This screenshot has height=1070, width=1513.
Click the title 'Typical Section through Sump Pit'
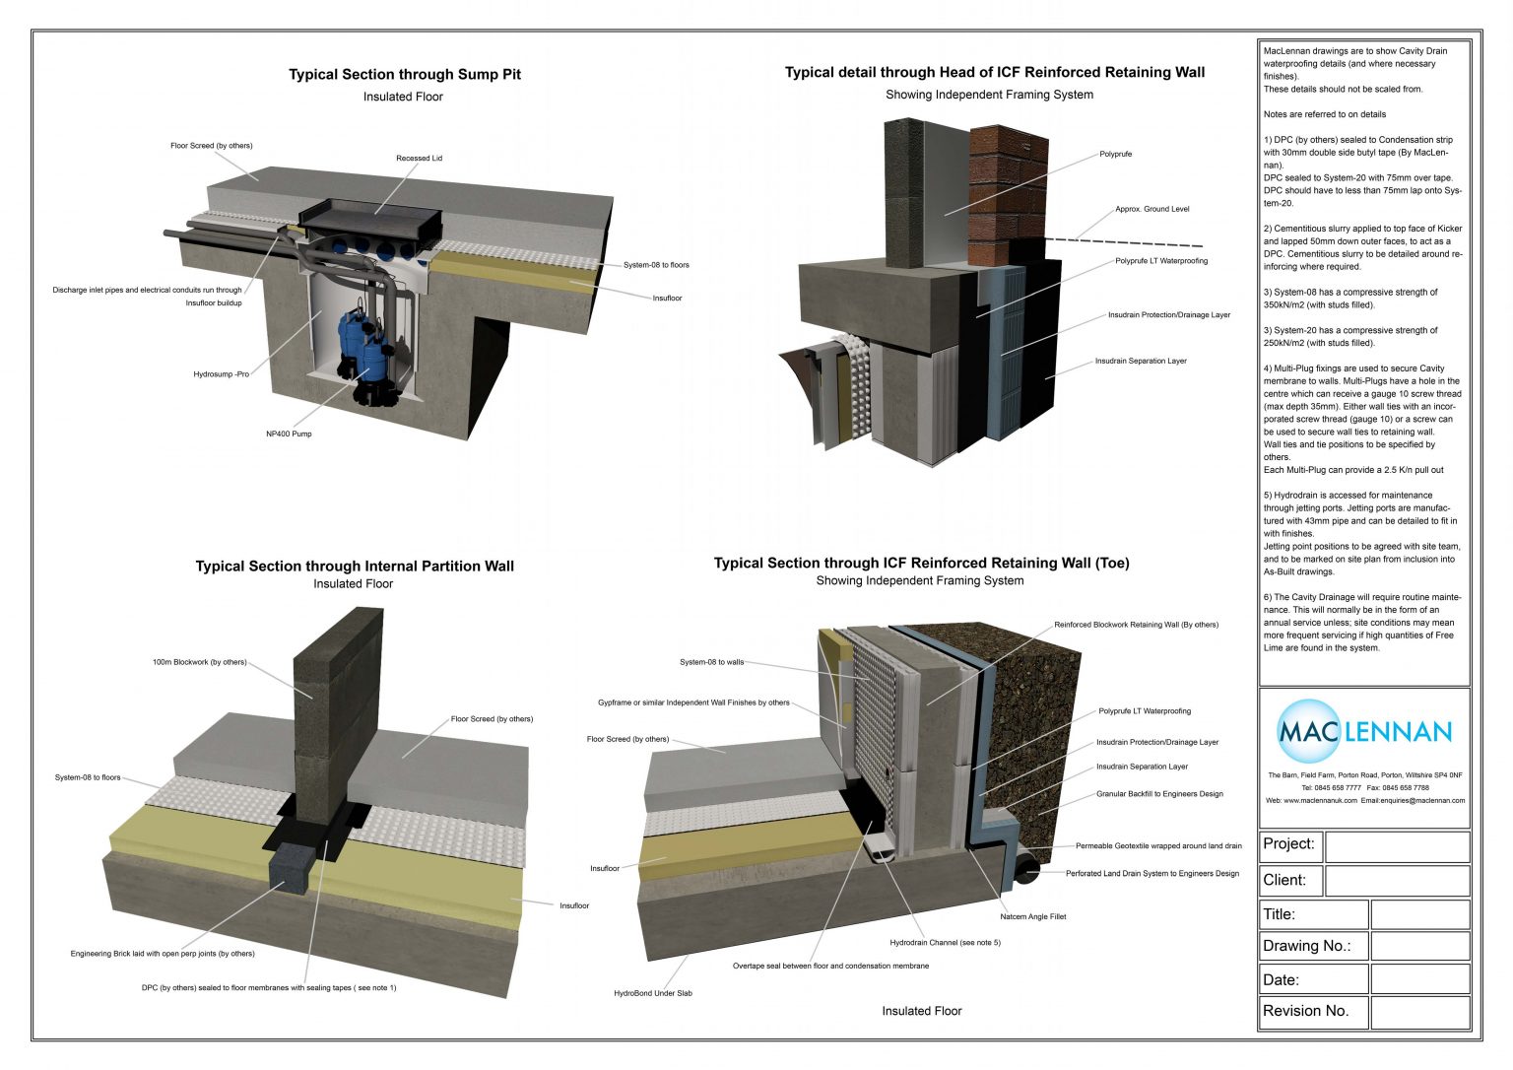coord(404,74)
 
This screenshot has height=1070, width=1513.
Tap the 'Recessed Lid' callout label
coord(419,158)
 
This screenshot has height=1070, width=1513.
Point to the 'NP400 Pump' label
coord(289,434)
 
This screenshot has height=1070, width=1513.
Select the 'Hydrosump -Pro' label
coord(222,374)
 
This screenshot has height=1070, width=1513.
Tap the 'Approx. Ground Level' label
coord(1151,209)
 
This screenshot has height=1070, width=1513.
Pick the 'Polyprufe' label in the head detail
coord(1116,154)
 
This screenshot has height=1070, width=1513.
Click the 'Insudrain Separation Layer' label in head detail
coord(1141,361)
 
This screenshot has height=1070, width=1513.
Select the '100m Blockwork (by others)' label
coord(199,662)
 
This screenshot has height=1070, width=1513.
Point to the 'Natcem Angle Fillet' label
coord(1032,916)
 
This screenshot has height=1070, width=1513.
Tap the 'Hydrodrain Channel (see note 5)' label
coord(945,943)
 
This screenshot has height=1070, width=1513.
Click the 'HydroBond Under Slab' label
coord(652,993)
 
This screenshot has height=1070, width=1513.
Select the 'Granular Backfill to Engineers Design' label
coord(1159,793)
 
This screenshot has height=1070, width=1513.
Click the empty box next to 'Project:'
coord(1397,846)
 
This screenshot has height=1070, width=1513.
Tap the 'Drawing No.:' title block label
coord(1306,946)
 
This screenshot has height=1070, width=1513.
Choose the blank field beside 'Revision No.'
coord(1419,1012)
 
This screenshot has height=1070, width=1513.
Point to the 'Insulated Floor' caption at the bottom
coord(921,1011)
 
